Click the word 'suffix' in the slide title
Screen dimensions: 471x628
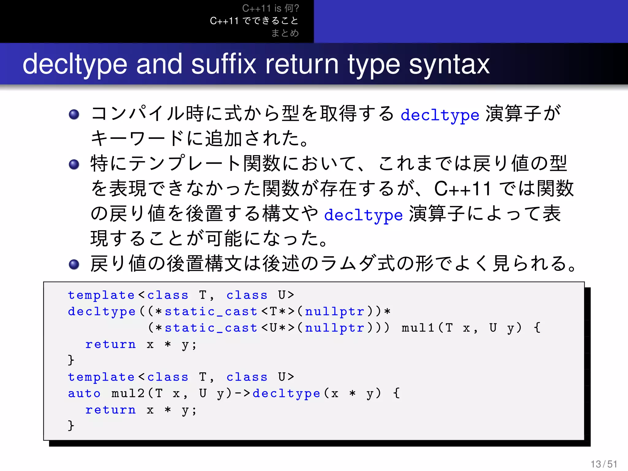pyautogui.click(x=224, y=64)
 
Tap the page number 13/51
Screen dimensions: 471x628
pyautogui.click(x=604, y=464)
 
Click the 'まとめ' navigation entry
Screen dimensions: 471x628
pyautogui.click(x=285, y=33)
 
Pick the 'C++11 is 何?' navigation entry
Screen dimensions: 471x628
pyautogui.click(x=270, y=8)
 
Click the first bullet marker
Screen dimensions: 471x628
pyautogui.click(x=74, y=114)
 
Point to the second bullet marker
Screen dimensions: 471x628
pyautogui.click(x=74, y=164)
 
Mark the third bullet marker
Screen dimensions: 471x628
pyautogui.click(x=74, y=264)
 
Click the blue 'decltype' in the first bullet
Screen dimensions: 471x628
pyautogui.click(x=440, y=115)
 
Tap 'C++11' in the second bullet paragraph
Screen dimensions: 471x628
pyautogui.click(x=462, y=189)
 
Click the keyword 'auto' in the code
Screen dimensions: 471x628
pyautogui.click(x=84, y=393)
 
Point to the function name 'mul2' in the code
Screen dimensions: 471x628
pyautogui.click(x=128, y=393)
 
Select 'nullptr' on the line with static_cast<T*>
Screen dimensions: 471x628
pyautogui.click(x=335, y=312)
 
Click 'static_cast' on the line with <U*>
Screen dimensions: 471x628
pyautogui.click(x=211, y=328)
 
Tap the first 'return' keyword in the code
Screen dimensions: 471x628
pyautogui.click(x=110, y=345)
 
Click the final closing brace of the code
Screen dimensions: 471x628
pyautogui.click(x=71, y=426)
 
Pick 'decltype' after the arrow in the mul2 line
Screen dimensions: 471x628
pyautogui.click(x=286, y=394)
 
